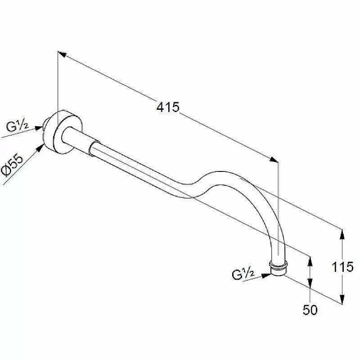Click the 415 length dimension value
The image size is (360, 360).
point(167,107)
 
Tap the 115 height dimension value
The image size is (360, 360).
point(342,267)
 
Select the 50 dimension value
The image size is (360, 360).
point(310,310)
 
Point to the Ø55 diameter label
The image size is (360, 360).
point(13,166)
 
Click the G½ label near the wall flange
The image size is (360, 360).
point(17,126)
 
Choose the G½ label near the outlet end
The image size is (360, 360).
point(243,274)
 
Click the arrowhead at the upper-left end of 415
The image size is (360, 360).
point(62,54)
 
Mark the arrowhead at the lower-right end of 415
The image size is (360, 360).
point(274,159)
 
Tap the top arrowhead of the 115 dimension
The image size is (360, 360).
point(342,234)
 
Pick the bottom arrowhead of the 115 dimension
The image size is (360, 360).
point(342,299)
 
